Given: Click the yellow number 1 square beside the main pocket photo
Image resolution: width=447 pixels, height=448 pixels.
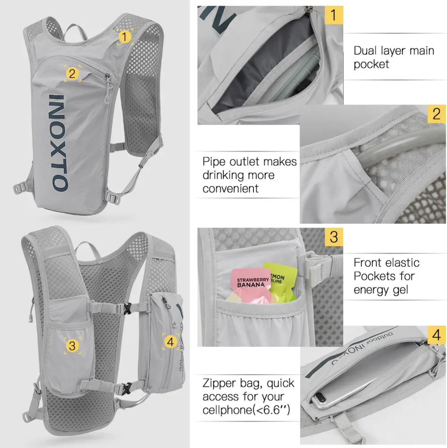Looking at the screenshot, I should pyautogui.click(x=334, y=15).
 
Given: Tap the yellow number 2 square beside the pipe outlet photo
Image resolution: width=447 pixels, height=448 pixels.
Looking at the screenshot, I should pyautogui.click(x=436, y=114).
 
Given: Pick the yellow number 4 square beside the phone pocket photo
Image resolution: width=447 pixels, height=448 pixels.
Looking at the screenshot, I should pyautogui.click(x=436, y=335).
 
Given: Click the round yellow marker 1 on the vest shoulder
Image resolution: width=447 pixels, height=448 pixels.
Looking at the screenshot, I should pyautogui.click(x=125, y=37).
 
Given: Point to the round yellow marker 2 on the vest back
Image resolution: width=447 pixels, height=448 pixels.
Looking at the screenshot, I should pyautogui.click(x=72, y=73).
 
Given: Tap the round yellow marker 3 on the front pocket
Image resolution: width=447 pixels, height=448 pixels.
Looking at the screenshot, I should pyautogui.click(x=72, y=345).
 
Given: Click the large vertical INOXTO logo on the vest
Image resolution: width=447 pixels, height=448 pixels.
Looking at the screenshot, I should pyautogui.click(x=59, y=142).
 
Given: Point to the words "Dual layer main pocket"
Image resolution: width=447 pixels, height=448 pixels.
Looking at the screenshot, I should pyautogui.click(x=393, y=57).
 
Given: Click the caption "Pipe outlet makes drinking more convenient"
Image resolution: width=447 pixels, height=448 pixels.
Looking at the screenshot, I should pyautogui.click(x=249, y=175).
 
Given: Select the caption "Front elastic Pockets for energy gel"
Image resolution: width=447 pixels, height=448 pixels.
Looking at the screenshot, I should pyautogui.click(x=386, y=276).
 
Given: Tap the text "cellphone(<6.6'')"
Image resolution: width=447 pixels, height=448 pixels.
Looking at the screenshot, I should pyautogui.click(x=247, y=410).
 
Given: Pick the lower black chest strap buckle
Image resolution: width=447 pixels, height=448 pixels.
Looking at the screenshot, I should pyautogui.click(x=128, y=386).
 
